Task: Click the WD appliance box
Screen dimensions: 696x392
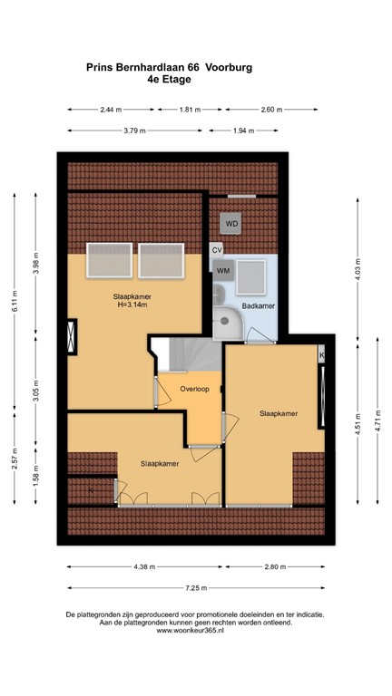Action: tap(231, 223)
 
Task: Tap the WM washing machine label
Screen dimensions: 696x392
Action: tap(223, 270)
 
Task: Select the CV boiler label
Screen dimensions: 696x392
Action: tap(217, 249)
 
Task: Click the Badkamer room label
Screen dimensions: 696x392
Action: tap(258, 306)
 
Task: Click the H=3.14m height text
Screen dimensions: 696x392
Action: tap(131, 304)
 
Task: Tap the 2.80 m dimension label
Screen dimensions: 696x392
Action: tap(273, 566)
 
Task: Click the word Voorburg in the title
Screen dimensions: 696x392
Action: tap(230, 66)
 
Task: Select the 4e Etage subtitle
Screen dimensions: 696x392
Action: tap(169, 79)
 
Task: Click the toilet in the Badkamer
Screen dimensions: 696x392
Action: tap(220, 294)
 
